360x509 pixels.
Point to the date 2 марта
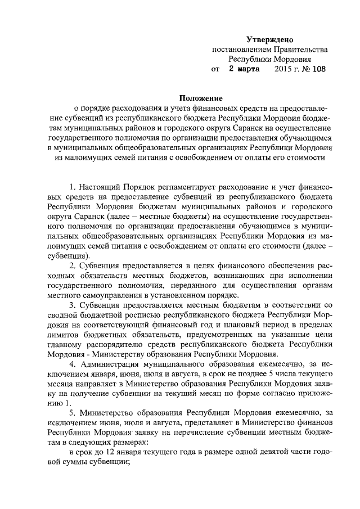tap(243, 70)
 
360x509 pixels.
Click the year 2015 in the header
tap(283, 70)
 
